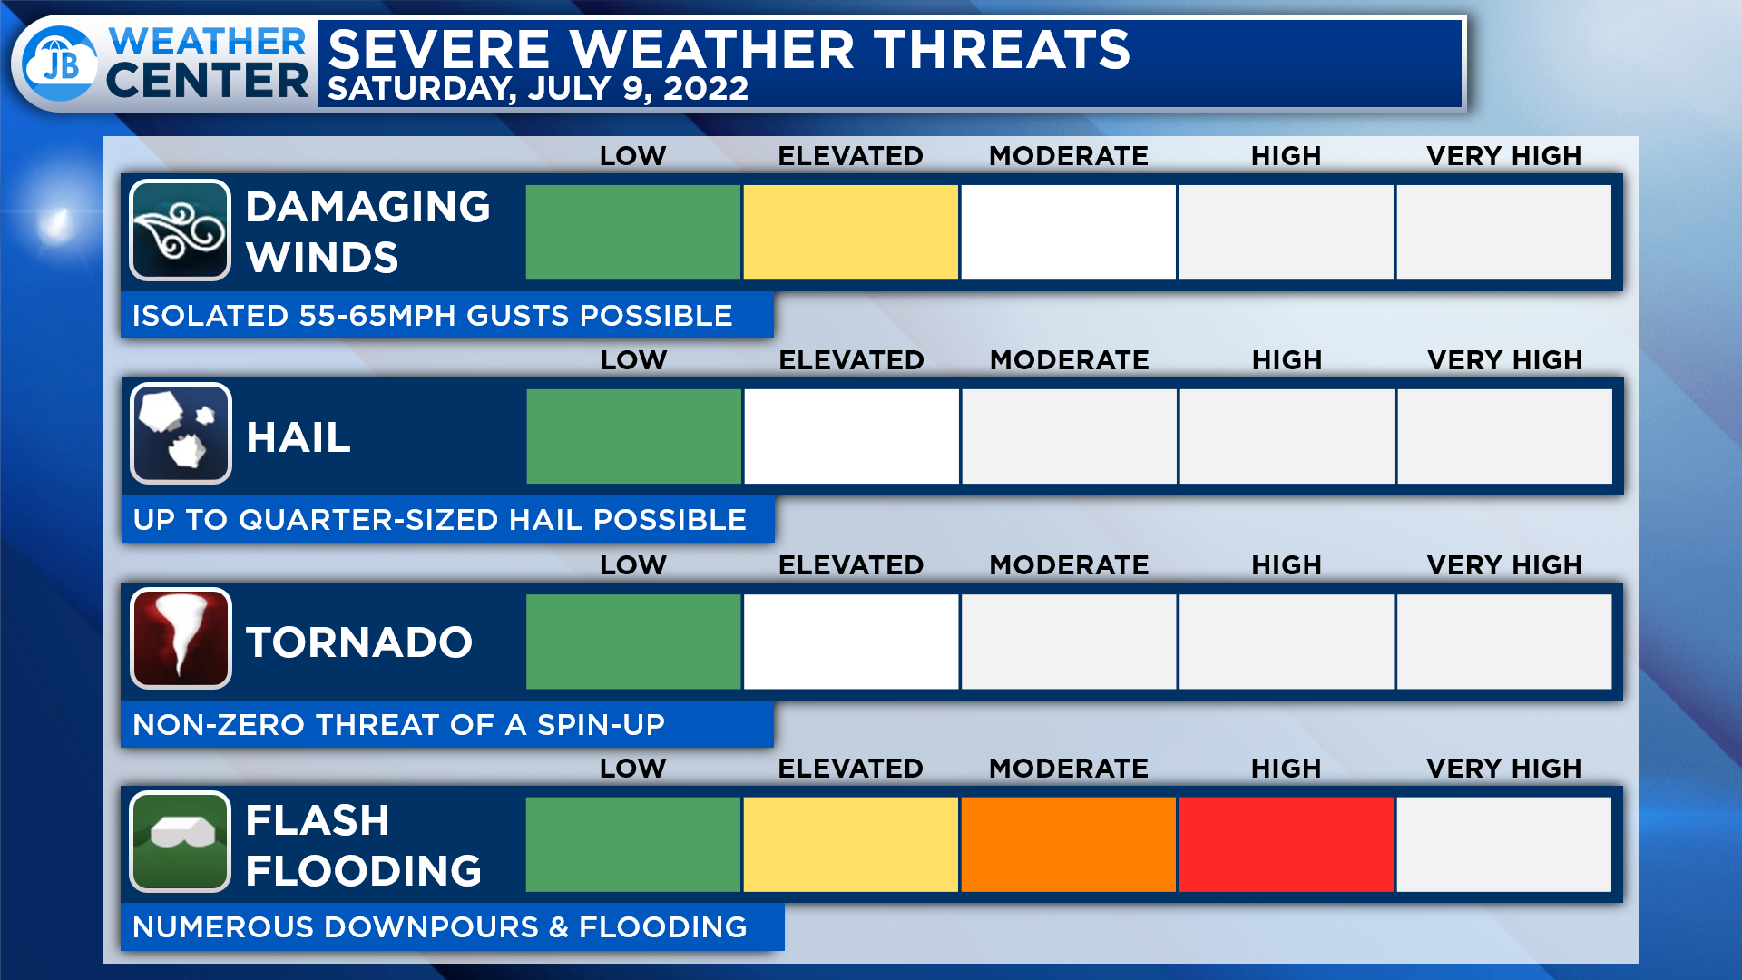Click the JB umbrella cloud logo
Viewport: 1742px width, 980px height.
pyautogui.click(x=60, y=64)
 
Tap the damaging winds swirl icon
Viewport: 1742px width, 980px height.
pyautogui.click(x=180, y=230)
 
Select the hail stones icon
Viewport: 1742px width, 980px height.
pyautogui.click(x=181, y=434)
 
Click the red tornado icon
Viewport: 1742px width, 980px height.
pyautogui.click(x=181, y=638)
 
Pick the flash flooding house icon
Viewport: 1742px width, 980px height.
pyautogui.click(x=180, y=842)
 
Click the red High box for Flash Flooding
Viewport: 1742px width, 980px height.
pyautogui.click(x=1286, y=844)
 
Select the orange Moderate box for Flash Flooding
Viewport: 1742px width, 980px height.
pyautogui.click(x=1068, y=844)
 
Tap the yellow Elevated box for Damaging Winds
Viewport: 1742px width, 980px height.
pyautogui.click(x=850, y=232)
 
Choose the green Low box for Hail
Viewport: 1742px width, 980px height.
pyautogui.click(x=633, y=436)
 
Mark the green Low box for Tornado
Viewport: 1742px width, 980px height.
pyautogui.click(x=633, y=642)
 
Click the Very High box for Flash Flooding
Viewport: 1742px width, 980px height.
pyautogui.click(x=1503, y=844)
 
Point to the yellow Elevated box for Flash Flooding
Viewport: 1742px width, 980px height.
pyautogui.click(x=850, y=844)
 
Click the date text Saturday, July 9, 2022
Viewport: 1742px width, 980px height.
pyautogui.click(x=538, y=89)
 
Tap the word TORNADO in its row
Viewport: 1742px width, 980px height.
pyautogui.click(x=359, y=642)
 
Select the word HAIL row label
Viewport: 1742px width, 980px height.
pyautogui.click(x=298, y=437)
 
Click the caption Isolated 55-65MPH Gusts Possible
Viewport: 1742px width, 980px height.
pyautogui.click(x=433, y=316)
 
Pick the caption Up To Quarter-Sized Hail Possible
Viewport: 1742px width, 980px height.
pyautogui.click(x=440, y=520)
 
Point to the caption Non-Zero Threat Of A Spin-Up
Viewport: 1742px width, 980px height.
pyautogui.click(x=399, y=725)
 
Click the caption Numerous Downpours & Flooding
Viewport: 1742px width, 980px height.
pyautogui.click(x=440, y=927)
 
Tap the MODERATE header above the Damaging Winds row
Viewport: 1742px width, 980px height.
pyautogui.click(x=1069, y=156)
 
